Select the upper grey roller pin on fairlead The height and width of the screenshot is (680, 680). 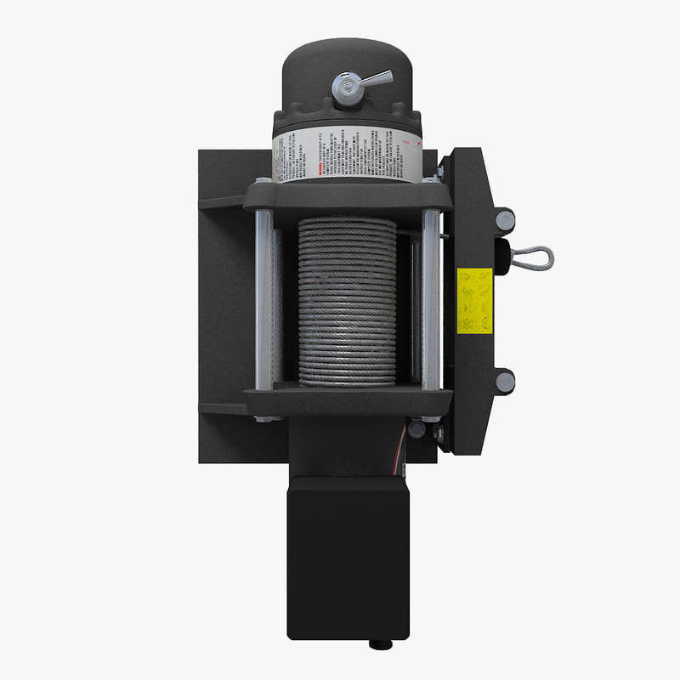pos(505,221)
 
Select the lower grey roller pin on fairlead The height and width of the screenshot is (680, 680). pos(505,381)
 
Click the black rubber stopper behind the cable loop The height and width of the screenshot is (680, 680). pos(502,252)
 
